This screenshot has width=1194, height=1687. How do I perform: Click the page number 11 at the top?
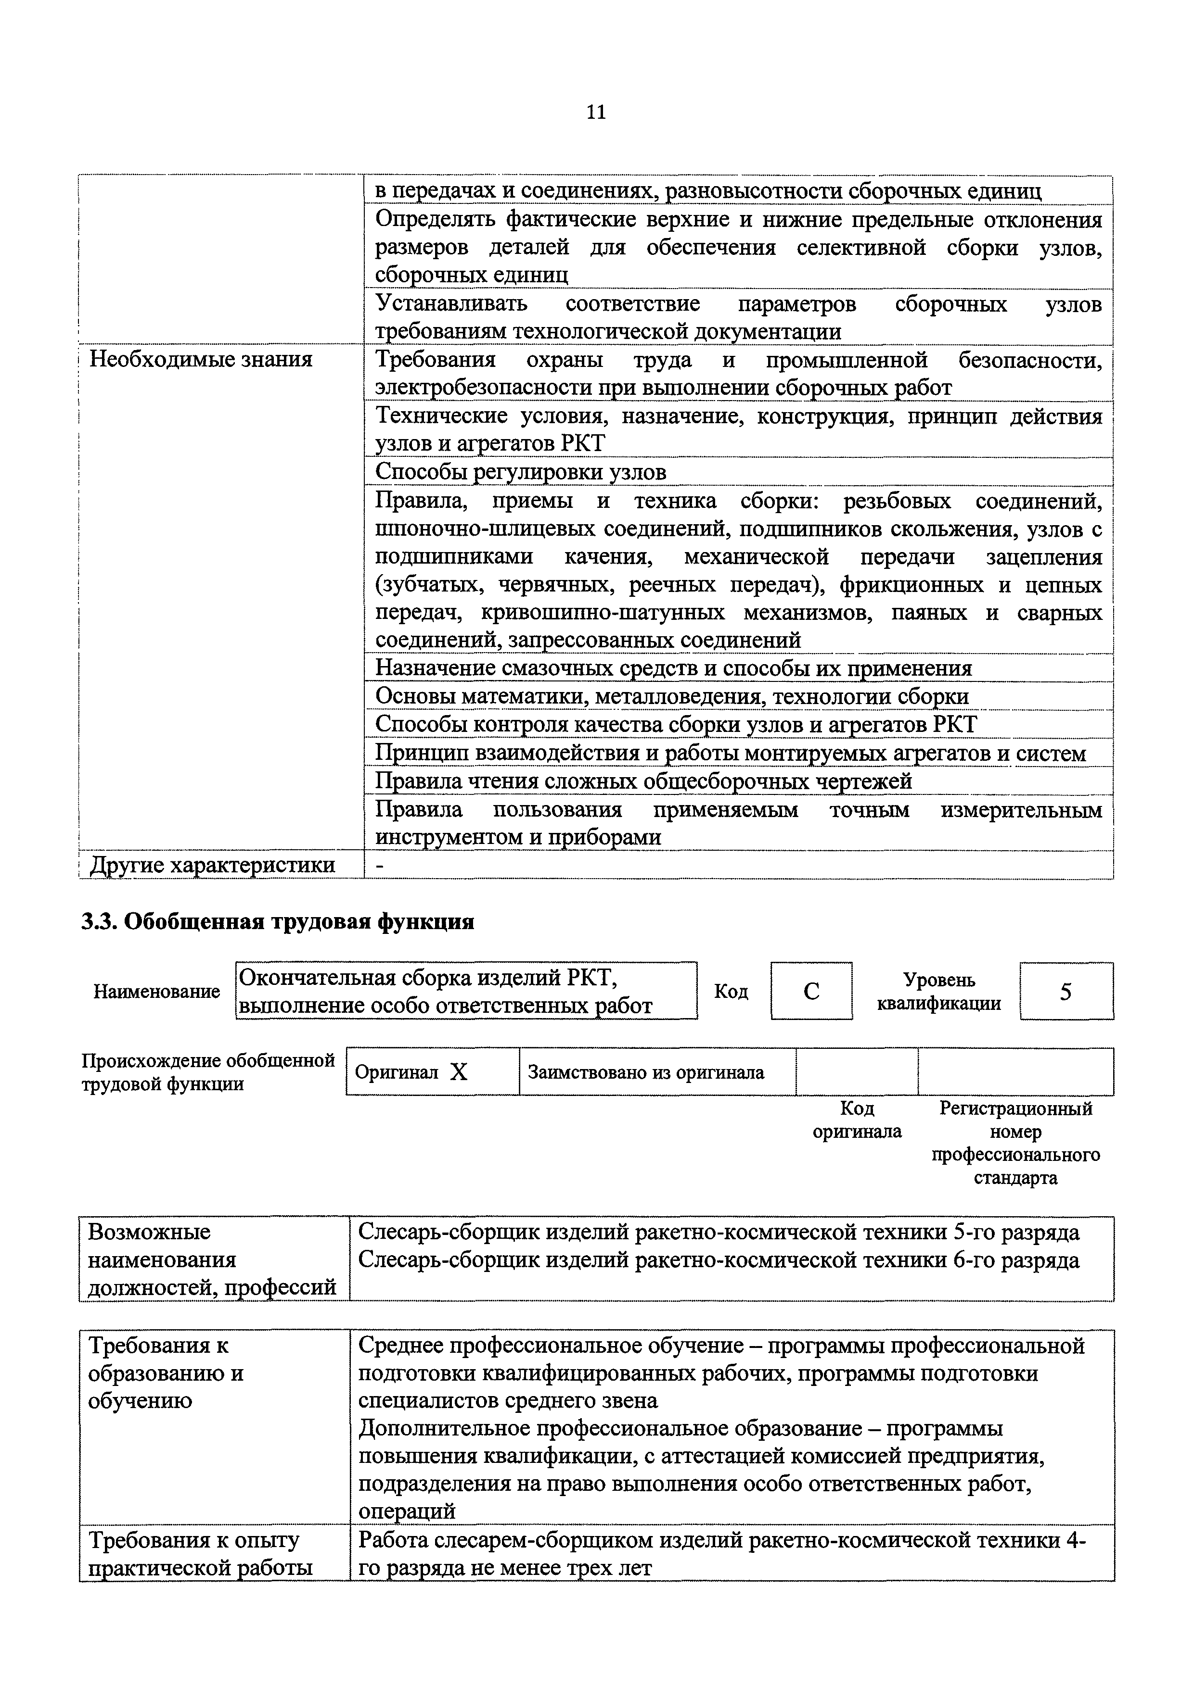click(x=596, y=113)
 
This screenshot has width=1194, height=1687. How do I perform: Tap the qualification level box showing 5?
click(x=1066, y=992)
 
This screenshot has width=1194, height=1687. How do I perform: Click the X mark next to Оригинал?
click(x=459, y=1073)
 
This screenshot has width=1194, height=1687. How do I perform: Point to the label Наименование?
click(x=156, y=992)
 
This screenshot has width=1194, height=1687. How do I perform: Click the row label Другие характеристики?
click(x=212, y=865)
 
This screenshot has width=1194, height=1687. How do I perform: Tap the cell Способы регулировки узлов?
click(x=521, y=472)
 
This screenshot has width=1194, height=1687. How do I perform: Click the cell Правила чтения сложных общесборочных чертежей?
click(x=643, y=781)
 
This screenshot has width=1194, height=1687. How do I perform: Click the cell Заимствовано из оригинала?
click(x=645, y=1073)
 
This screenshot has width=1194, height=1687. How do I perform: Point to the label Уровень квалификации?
click(x=939, y=992)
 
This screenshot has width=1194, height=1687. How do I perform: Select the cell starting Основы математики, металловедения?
click(x=672, y=696)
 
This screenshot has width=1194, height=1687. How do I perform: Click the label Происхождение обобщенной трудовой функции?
click(x=207, y=1072)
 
